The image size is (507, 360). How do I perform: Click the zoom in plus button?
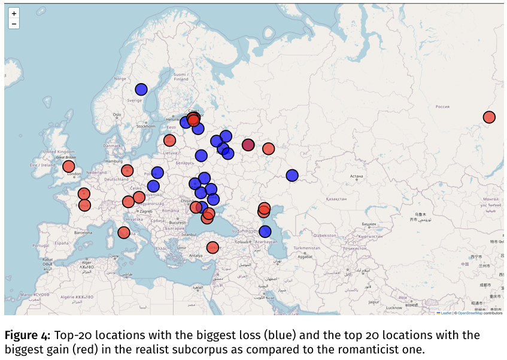14,13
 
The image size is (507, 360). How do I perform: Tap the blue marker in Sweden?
141,89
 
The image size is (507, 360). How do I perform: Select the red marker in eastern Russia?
489,117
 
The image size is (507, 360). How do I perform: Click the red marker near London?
69,166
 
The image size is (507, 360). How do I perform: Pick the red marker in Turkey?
212,248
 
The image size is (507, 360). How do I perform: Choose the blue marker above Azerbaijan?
265,231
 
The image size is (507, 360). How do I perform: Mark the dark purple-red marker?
248,145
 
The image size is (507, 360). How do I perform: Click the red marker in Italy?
124,233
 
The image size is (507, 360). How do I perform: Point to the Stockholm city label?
145,126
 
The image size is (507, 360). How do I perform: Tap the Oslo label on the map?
117,115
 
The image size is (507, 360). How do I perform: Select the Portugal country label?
41,245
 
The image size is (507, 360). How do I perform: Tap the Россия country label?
442,106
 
